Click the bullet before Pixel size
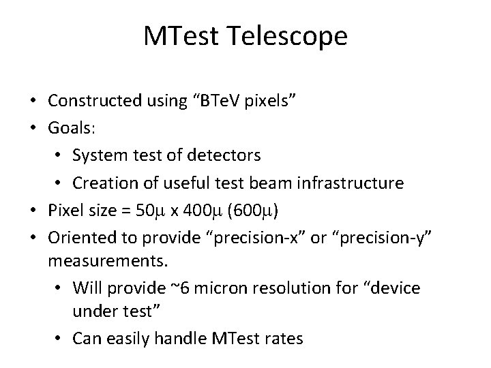[33, 210]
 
